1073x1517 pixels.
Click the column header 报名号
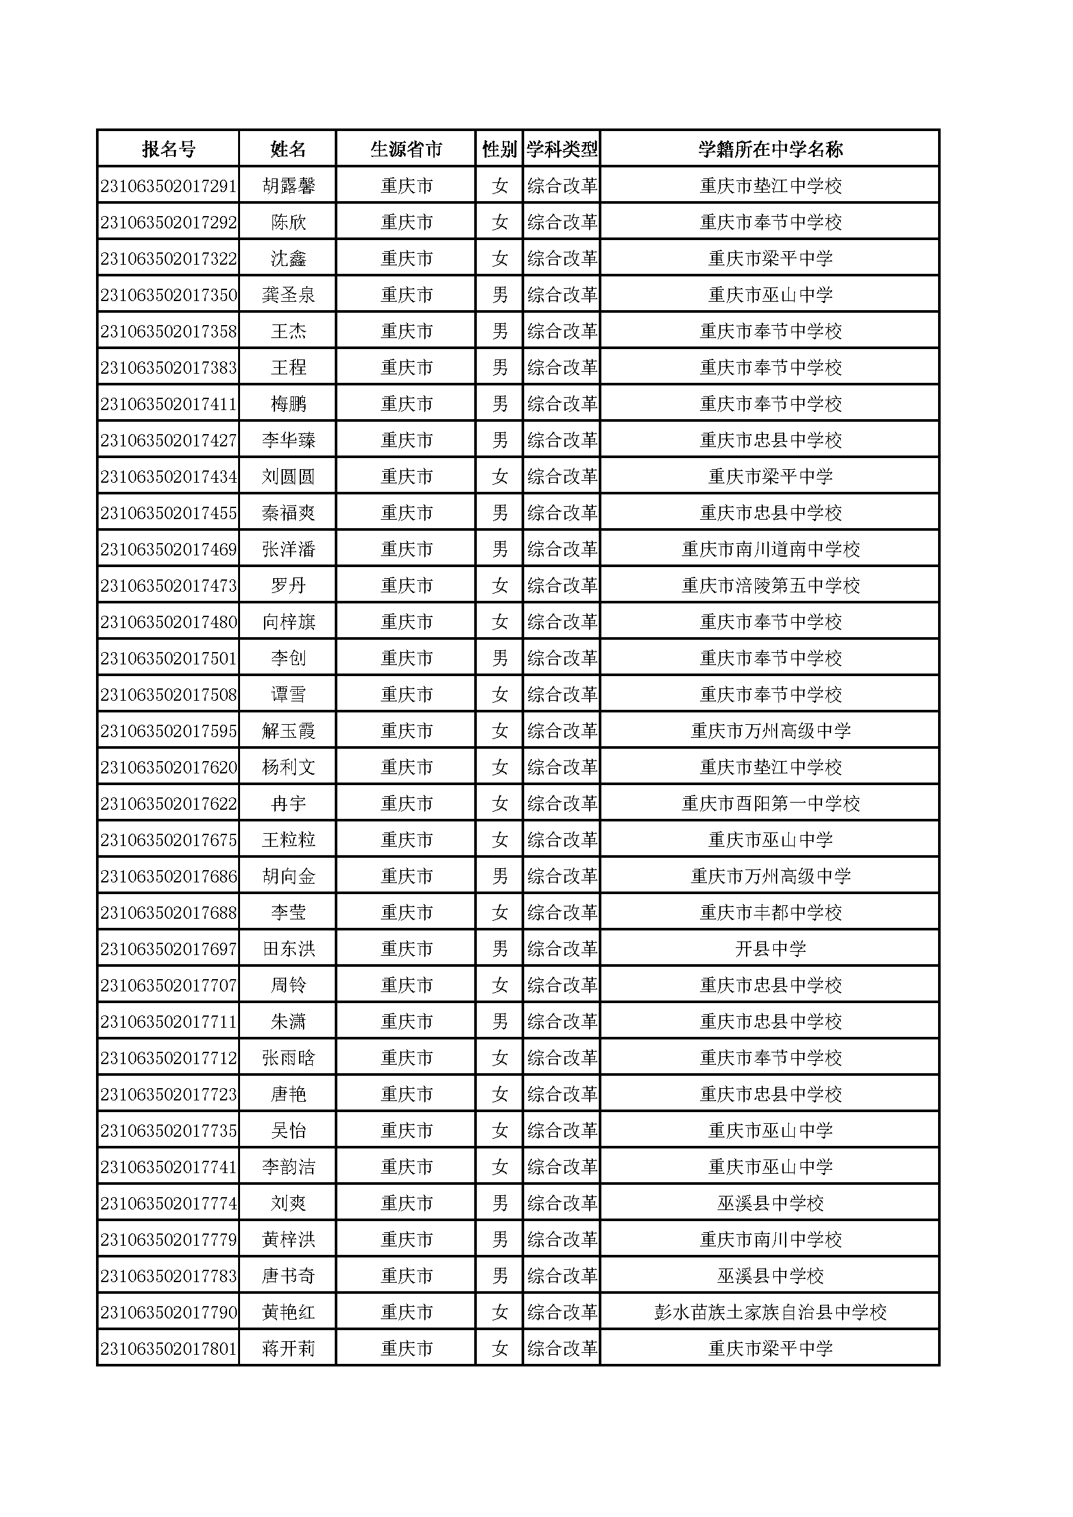(169, 149)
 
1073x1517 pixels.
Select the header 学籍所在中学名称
(771, 149)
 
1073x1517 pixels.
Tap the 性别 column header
(500, 149)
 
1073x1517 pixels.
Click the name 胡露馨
(289, 186)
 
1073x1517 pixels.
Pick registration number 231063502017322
(169, 259)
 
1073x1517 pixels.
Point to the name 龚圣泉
(289, 295)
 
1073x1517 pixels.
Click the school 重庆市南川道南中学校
(771, 550)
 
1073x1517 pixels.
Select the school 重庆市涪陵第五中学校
(771, 586)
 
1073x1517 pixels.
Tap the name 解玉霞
(289, 731)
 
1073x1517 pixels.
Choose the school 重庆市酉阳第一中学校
(771, 804)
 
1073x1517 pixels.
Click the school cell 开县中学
(771, 949)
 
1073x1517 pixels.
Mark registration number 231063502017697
(169, 949)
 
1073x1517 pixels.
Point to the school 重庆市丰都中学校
(771, 913)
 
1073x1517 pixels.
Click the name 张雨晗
(289, 1058)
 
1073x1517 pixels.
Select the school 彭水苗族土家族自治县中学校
(771, 1313)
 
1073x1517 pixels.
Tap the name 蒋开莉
(289, 1349)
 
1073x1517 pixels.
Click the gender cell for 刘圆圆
(500, 477)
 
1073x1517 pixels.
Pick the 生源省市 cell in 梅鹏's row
(406, 404)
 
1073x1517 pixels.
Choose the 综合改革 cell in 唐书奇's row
(562, 1276)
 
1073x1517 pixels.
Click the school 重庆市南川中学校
(771, 1240)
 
